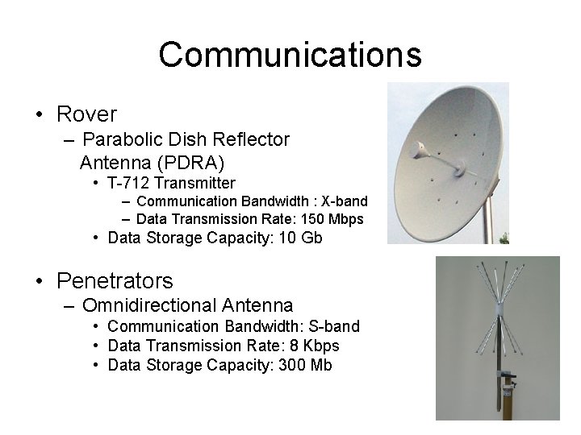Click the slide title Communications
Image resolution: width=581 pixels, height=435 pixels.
click(290, 55)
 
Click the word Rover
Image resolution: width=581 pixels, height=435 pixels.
click(86, 114)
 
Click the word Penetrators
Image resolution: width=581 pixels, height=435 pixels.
click(115, 281)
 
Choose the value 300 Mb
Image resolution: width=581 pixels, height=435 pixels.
click(304, 365)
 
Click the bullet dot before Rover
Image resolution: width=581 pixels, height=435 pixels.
click(40, 114)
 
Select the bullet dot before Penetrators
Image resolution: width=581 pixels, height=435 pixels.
click(40, 281)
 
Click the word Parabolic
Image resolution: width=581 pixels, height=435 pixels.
click(119, 139)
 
